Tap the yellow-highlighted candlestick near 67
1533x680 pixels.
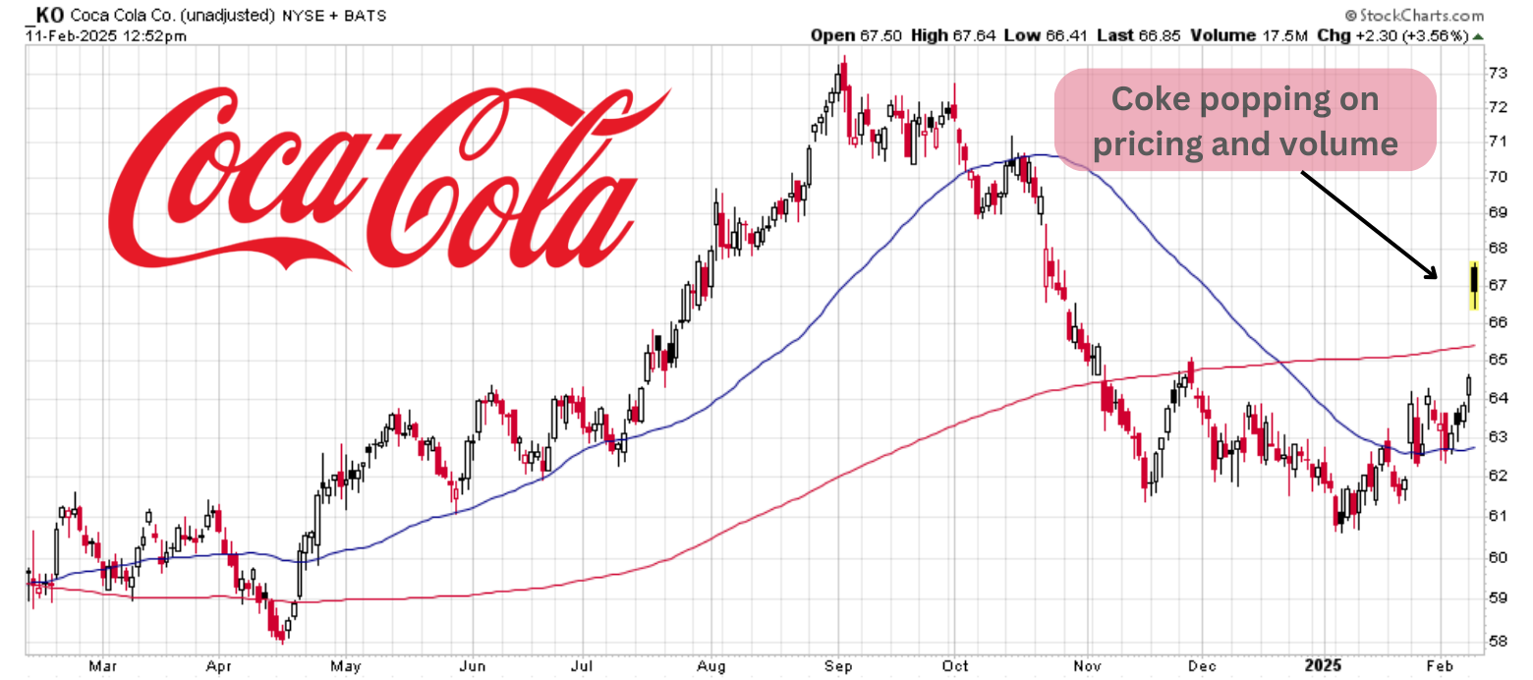click(x=1474, y=284)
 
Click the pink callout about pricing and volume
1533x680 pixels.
click(x=1245, y=120)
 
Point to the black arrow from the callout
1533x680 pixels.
click(x=1369, y=225)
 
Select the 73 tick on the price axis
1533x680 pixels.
click(x=1498, y=73)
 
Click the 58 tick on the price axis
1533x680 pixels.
click(x=1498, y=641)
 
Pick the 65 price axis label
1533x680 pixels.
click(x=1498, y=360)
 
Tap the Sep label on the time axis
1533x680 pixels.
click(x=838, y=665)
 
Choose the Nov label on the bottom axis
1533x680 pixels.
click(x=1088, y=665)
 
